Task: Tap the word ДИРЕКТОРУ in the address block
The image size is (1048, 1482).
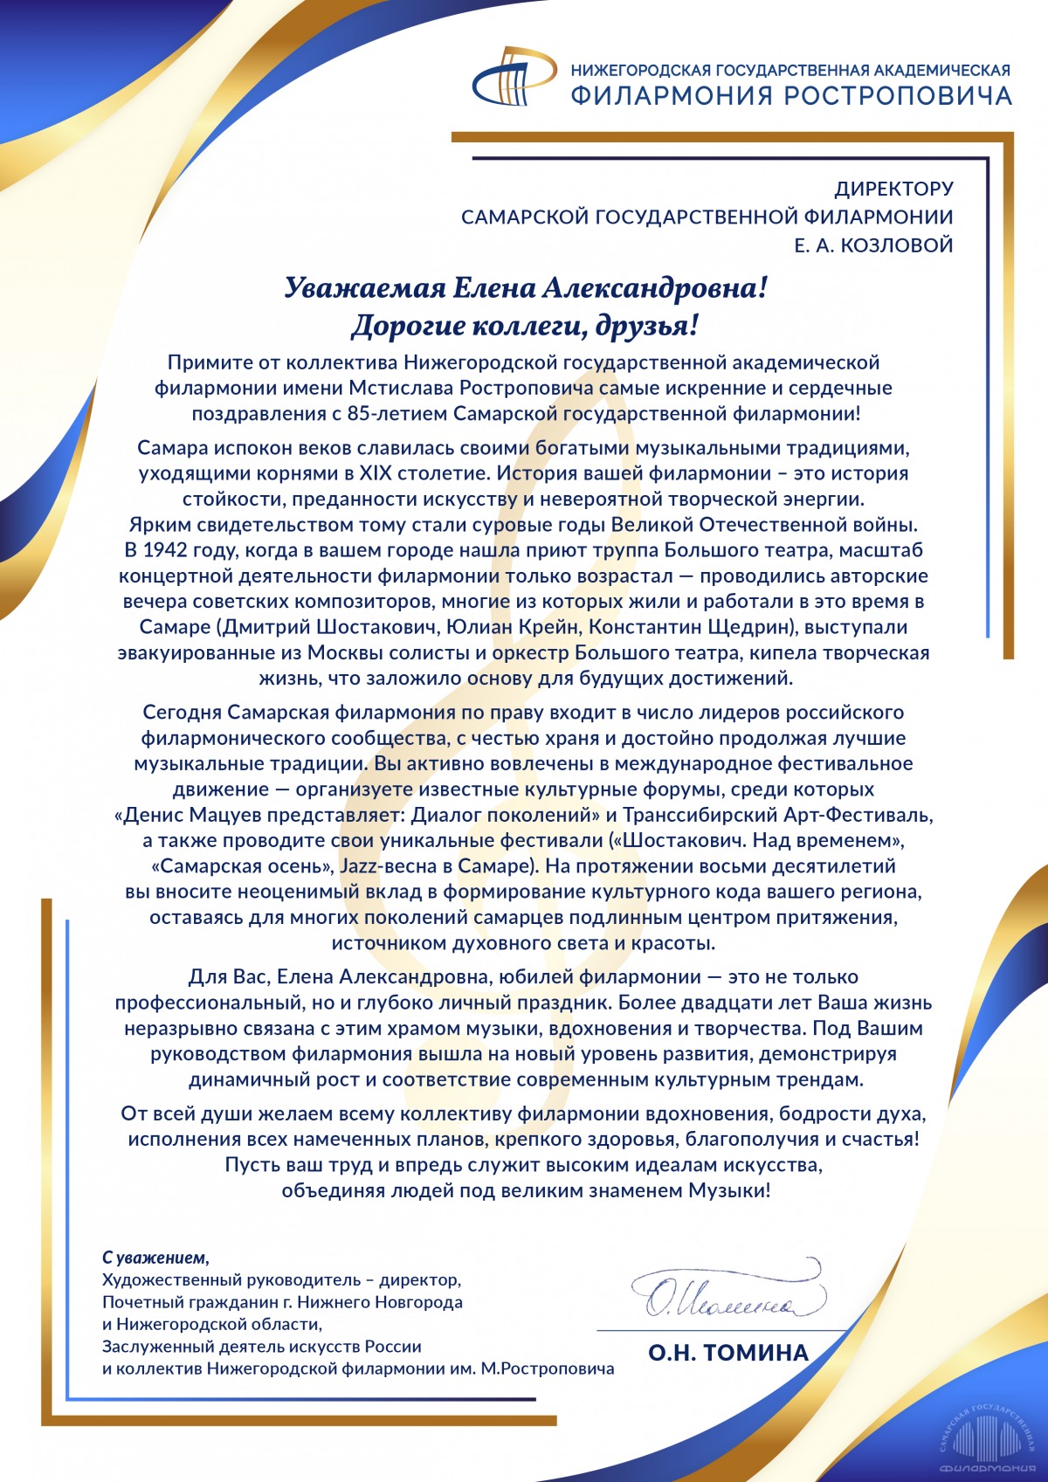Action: pyautogui.click(x=893, y=189)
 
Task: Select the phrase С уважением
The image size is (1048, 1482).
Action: pyautogui.click(x=155, y=1258)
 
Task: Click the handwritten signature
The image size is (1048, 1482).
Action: pyautogui.click(x=727, y=1292)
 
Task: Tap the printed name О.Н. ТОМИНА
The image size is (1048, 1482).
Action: pyautogui.click(x=728, y=1353)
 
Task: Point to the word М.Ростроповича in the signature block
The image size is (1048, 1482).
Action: pyautogui.click(x=548, y=1368)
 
